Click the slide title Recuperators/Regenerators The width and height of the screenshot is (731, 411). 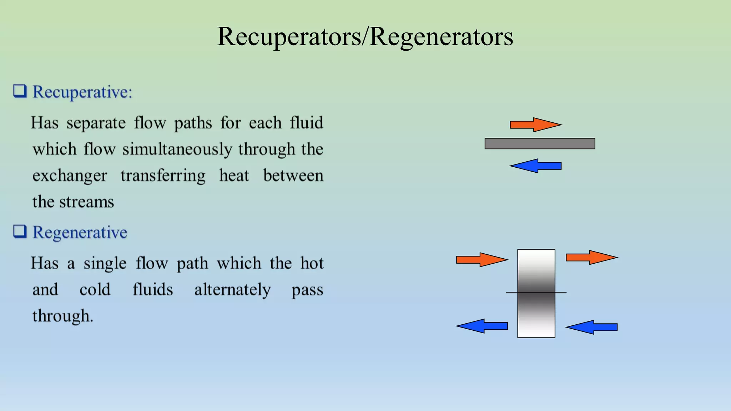click(365, 36)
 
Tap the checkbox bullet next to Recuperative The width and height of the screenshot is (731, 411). click(20, 91)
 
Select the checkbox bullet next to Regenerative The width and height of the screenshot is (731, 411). click(20, 232)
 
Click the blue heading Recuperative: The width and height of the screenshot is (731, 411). click(82, 92)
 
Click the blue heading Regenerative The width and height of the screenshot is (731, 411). click(80, 233)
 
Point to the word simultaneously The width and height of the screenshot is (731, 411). click(177, 149)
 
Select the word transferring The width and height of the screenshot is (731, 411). click(163, 176)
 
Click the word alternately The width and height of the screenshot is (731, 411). click(232, 290)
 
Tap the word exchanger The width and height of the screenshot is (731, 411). click(70, 176)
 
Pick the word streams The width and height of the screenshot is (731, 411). click(86, 202)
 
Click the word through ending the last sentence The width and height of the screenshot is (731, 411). click(62, 316)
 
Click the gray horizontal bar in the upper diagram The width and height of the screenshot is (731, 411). click(540, 143)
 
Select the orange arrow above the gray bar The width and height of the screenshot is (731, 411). click(535, 125)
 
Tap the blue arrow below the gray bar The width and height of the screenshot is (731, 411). click(535, 166)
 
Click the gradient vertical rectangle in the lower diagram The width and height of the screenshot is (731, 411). click(536, 293)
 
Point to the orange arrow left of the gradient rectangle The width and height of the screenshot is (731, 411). click(482, 259)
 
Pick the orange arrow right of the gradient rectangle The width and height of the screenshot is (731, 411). click(591, 257)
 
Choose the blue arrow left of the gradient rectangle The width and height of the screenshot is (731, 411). click(482, 326)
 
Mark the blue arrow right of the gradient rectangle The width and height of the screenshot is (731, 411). click(591, 327)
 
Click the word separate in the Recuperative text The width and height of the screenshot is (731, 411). click(96, 123)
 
